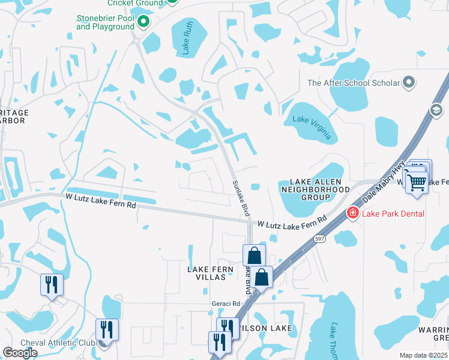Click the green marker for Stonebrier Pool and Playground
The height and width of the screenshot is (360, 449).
click(143, 23)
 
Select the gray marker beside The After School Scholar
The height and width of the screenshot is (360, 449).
click(409, 82)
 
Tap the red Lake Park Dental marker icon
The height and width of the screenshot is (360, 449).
click(352, 213)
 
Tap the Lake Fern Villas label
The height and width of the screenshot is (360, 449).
click(210, 274)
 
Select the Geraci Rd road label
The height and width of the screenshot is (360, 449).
click(225, 304)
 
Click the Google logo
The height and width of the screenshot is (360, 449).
click(20, 353)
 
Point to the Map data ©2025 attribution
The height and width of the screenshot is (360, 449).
click(424, 355)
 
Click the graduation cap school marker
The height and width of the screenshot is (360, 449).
click(436, 109)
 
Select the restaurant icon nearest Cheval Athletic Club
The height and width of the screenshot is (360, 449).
click(107, 329)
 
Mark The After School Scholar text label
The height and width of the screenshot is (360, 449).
click(353, 83)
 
